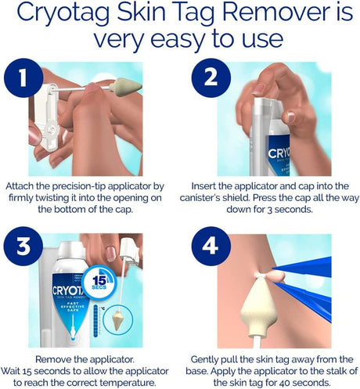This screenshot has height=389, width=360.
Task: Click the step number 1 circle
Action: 23,77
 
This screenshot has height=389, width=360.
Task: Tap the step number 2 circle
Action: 211,77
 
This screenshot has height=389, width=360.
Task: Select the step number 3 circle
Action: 23,246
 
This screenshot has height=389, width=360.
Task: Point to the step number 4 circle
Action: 211,246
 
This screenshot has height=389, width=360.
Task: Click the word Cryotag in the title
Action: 63,13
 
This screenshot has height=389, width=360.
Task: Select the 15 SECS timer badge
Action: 99,282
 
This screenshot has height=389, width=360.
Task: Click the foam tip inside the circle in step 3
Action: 117,319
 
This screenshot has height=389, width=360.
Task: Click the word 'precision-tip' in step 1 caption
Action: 80,186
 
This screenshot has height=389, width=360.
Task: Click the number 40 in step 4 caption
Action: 285,383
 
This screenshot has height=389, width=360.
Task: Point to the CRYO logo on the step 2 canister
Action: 279,153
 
